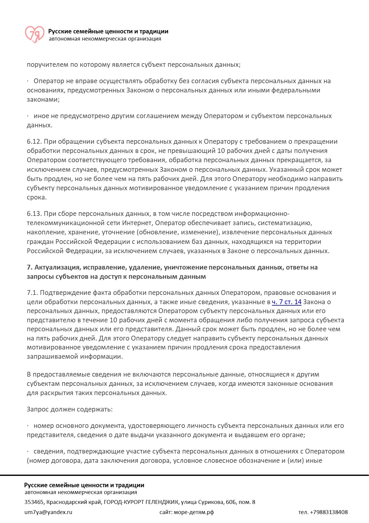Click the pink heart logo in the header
(x=34, y=34)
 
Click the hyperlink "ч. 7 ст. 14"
(x=287, y=302)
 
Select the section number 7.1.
(x=32, y=293)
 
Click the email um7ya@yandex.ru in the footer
(x=49, y=512)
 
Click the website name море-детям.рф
(x=194, y=512)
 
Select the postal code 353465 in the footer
(x=34, y=502)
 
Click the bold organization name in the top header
(x=108, y=31)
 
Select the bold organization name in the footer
(x=84, y=485)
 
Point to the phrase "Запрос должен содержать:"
(x=70, y=409)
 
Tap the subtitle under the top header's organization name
(x=105, y=39)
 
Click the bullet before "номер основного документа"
(x=28, y=426)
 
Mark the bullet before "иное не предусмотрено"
(x=28, y=116)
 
